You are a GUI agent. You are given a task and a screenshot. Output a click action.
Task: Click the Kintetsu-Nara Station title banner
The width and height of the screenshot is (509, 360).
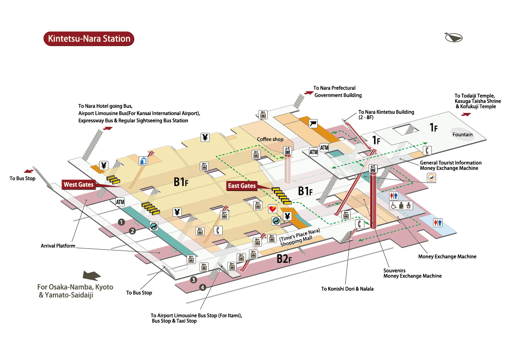tap(89, 39)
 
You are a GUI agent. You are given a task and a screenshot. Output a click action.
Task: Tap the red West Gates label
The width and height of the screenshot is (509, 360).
tap(78, 185)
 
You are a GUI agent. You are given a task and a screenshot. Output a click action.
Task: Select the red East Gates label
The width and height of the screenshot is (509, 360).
tap(242, 186)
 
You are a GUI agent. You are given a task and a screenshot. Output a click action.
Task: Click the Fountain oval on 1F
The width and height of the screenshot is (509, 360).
tap(462, 135)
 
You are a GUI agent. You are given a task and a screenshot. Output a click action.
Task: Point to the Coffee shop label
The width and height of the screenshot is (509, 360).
tap(270, 139)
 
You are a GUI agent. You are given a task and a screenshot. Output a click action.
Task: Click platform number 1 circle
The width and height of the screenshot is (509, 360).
tap(121, 222)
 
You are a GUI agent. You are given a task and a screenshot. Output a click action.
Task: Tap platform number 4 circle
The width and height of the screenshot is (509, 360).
tap(203, 287)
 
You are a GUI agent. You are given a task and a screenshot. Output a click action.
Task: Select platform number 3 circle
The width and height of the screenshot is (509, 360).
tap(193, 279)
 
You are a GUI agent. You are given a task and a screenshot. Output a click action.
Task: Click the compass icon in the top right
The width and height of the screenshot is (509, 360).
tap(453, 37)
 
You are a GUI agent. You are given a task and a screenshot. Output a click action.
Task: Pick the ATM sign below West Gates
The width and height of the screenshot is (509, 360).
tap(120, 202)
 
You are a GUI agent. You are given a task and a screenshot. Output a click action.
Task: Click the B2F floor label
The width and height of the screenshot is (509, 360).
tap(284, 259)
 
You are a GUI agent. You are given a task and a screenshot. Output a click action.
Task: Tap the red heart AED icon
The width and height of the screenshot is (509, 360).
tap(272, 209)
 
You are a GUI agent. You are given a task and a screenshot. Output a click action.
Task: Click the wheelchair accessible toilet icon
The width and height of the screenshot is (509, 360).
tap(393, 205)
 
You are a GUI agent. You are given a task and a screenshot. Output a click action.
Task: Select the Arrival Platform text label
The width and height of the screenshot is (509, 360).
tap(58, 246)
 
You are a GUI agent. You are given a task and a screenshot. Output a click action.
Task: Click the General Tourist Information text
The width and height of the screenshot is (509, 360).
tap(450, 163)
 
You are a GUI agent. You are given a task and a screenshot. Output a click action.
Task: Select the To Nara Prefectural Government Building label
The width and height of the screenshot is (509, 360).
tap(338, 92)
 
